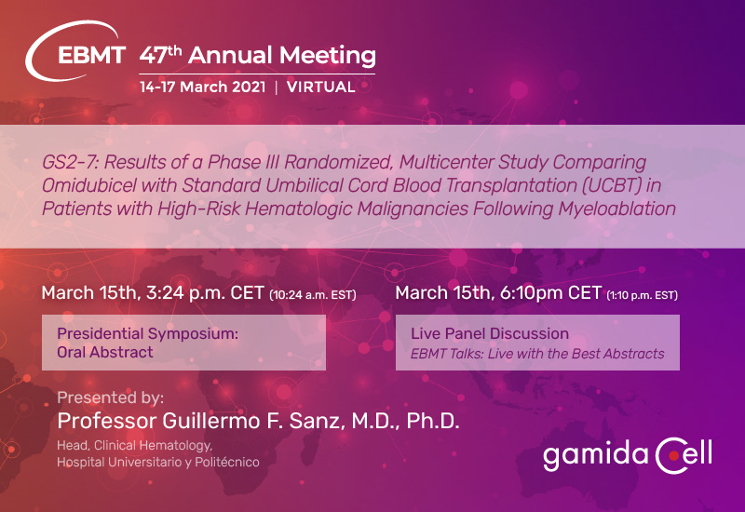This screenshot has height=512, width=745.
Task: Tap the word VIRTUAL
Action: pos(321,88)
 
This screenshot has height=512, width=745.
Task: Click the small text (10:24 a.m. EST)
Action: pos(313,296)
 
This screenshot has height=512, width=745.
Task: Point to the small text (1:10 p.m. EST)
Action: pos(642,296)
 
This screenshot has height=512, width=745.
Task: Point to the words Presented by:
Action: pos(111,397)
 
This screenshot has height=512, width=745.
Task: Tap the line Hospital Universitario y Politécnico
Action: pos(157,463)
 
